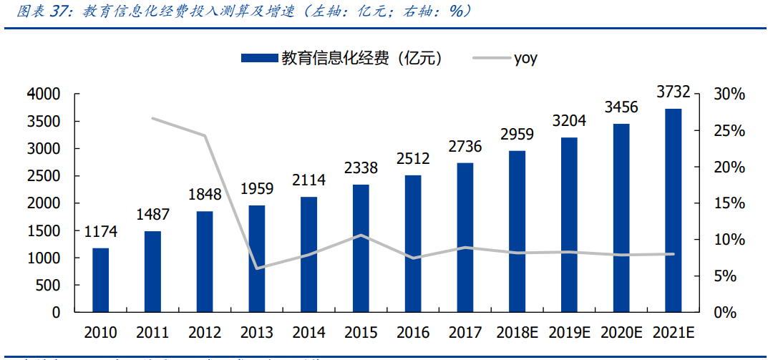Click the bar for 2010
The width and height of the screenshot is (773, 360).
click(x=100, y=280)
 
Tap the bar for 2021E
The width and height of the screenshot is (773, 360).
click(x=673, y=210)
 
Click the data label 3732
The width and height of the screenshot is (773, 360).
click(x=673, y=92)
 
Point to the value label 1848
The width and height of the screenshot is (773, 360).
click(x=205, y=194)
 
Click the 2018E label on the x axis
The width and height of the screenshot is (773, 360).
click(x=517, y=333)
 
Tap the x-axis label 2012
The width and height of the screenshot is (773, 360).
click(x=205, y=333)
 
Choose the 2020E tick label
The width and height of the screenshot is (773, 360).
click(x=621, y=333)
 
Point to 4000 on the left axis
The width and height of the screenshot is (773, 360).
click(x=44, y=94)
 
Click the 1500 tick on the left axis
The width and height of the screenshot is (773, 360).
click(x=44, y=230)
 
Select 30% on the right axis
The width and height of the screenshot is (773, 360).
click(x=729, y=94)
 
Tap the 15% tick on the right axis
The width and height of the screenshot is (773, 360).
click(x=729, y=203)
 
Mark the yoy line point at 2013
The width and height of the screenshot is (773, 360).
click(x=257, y=268)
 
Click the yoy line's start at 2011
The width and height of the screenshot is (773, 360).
click(x=152, y=118)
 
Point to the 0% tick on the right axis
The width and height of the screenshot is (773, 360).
click(x=725, y=313)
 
